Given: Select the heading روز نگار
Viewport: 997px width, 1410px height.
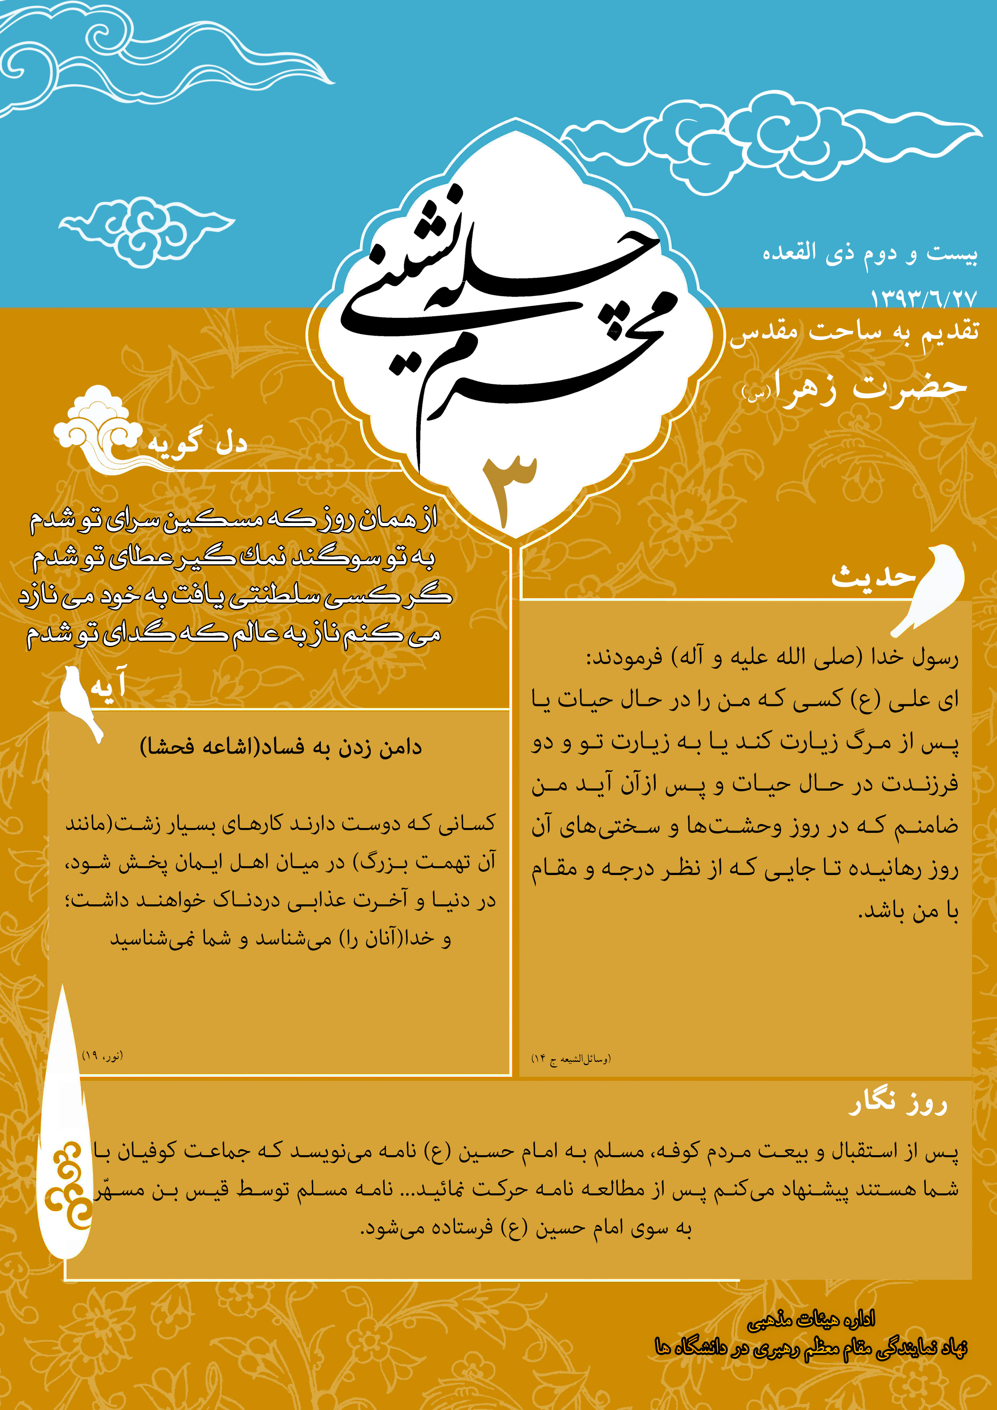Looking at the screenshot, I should [x=898, y=1103].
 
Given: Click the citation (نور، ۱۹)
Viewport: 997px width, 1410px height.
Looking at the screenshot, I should [x=103, y=1055].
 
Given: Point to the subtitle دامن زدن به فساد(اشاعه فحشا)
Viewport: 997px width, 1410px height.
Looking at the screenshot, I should [x=281, y=747].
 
